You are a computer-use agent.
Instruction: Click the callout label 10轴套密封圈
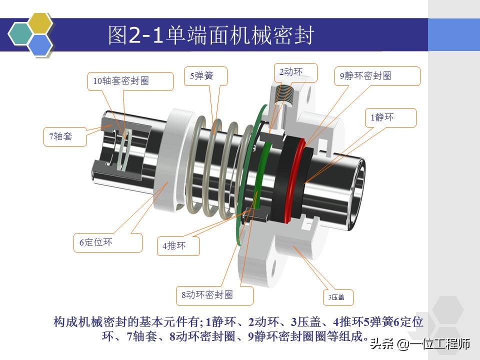130,81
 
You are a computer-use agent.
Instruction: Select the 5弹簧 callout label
205,76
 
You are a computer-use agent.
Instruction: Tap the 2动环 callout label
295,73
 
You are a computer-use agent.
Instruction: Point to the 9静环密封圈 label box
377,76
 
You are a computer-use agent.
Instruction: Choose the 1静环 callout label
390,118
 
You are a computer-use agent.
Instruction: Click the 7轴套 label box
65,136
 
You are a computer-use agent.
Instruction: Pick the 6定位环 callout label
108,243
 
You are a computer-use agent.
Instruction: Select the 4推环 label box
178,246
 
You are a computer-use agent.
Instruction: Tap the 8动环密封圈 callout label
214,295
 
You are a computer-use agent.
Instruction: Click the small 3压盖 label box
338,297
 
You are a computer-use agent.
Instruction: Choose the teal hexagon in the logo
20,33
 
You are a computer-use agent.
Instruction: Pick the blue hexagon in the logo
40,44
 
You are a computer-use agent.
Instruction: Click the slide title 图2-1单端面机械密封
211,35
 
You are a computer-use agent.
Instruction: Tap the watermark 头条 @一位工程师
420,344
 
